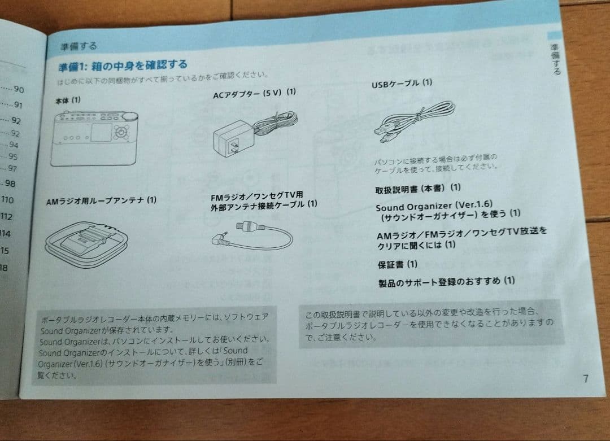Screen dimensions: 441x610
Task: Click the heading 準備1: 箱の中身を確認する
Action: [123, 65]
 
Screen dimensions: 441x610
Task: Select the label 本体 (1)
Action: [68, 100]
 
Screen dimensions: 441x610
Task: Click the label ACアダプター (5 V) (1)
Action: [254, 93]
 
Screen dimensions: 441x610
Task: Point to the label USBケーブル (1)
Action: [402, 83]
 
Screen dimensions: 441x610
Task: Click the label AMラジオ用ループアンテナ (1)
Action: [101, 200]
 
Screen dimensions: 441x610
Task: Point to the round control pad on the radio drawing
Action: [121, 133]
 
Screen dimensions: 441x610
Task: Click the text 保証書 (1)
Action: [398, 264]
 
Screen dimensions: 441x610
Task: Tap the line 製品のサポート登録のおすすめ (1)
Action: [446, 281]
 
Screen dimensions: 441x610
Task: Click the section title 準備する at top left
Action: [79, 46]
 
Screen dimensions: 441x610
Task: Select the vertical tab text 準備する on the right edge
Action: [556, 59]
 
